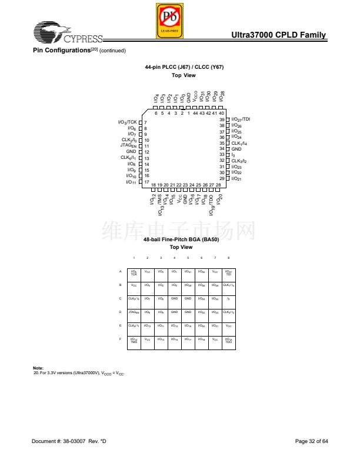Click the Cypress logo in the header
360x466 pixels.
(68, 34)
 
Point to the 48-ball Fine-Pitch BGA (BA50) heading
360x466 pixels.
(181, 239)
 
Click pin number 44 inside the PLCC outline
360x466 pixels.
(195, 113)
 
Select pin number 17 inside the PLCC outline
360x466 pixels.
(146, 182)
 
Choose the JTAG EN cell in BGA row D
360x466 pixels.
(134, 312)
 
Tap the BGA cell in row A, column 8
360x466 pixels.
(228, 272)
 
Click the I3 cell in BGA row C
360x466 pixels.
(228, 298)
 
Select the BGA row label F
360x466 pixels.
(121, 339)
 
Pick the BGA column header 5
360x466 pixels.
(188, 258)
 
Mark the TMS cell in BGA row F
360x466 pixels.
(134, 339)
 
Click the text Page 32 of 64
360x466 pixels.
(311, 441)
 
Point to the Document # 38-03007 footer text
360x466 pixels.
(69, 441)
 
